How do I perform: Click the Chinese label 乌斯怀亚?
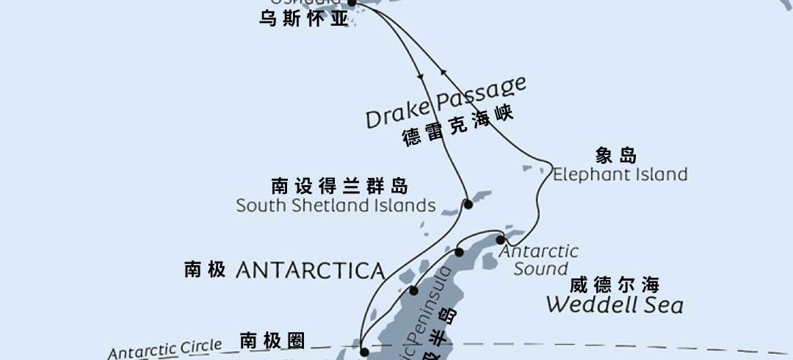click(303, 19)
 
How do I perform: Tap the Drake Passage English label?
click(446, 102)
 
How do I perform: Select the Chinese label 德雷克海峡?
click(457, 126)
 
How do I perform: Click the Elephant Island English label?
click(620, 175)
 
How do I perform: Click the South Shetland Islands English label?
click(336, 206)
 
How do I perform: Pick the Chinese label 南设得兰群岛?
click(339, 185)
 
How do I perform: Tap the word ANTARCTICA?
click(311, 270)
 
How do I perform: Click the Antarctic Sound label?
click(540, 260)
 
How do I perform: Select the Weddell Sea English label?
click(614, 304)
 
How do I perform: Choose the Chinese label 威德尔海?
click(614, 284)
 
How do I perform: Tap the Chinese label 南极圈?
click(272, 340)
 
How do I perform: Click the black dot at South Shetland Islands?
click(468, 204)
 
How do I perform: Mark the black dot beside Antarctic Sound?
click(500, 240)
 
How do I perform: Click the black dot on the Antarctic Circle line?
click(363, 352)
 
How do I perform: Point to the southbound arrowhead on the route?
click(420, 76)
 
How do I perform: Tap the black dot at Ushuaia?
click(351, 3)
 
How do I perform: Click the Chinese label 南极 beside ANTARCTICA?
click(205, 270)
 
